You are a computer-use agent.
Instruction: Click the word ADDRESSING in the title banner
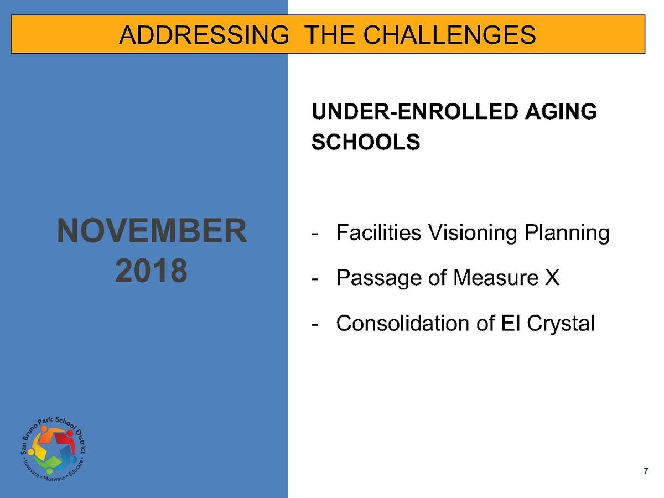click(x=204, y=34)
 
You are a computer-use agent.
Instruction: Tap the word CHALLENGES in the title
click(x=449, y=34)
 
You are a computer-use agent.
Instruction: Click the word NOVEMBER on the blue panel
click(x=152, y=231)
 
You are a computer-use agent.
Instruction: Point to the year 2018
click(x=151, y=271)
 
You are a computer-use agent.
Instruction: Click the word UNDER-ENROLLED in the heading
click(x=414, y=111)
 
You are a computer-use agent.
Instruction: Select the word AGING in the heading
click(x=561, y=111)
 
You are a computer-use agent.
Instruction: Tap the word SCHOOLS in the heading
click(x=366, y=142)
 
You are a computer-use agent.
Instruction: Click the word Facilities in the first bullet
click(x=378, y=233)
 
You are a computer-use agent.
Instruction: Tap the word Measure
click(x=496, y=278)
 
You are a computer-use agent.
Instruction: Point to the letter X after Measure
click(x=552, y=278)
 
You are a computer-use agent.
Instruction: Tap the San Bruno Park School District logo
click(x=53, y=449)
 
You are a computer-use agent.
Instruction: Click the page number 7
click(x=646, y=471)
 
